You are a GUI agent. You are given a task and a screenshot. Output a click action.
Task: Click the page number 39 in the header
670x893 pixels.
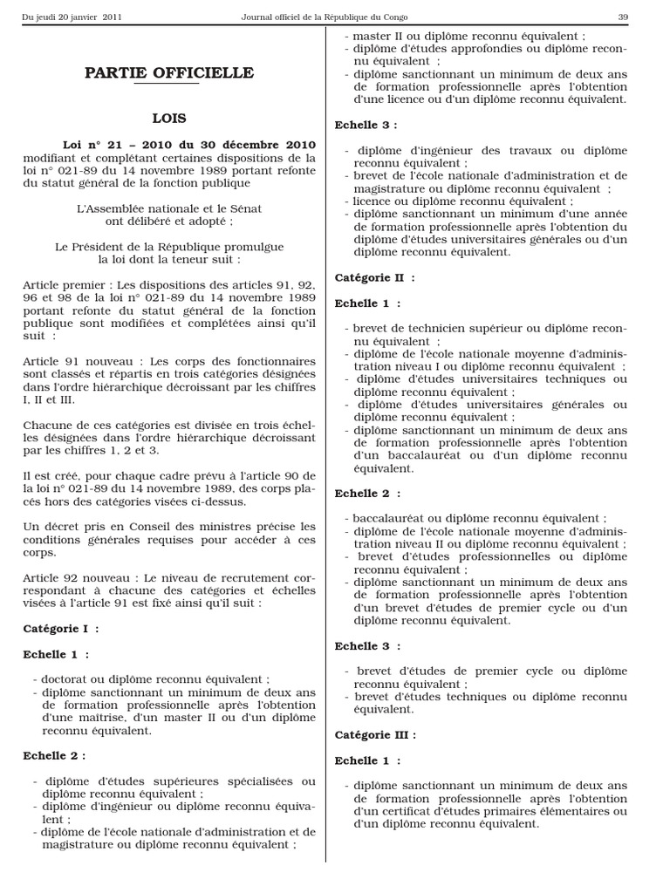click(623, 17)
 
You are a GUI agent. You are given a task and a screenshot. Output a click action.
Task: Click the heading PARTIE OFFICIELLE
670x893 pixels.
click(169, 72)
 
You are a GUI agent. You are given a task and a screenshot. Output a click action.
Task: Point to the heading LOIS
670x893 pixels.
click(169, 118)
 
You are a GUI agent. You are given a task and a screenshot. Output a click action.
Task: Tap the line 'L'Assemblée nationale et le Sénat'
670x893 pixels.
click(169, 208)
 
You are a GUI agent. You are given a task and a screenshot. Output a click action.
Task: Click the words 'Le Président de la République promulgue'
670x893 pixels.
click(169, 247)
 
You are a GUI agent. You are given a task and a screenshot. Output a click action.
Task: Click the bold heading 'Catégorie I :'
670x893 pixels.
click(60, 628)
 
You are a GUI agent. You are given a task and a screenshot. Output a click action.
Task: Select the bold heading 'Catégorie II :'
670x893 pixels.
click(374, 277)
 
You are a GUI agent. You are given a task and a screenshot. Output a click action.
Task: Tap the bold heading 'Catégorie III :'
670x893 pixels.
click(375, 735)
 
